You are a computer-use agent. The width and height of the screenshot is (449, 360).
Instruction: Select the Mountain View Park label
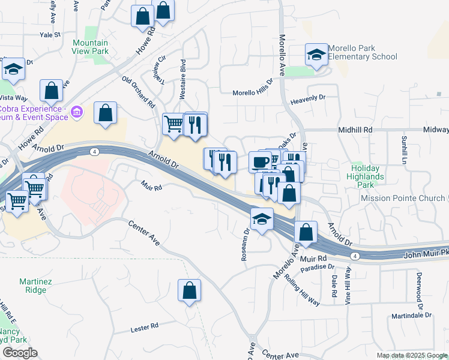91,47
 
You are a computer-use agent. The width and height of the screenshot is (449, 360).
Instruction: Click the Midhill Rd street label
355,130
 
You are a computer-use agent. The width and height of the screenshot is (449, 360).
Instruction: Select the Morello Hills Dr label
253,92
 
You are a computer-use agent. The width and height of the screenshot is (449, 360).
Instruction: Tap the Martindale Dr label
416,316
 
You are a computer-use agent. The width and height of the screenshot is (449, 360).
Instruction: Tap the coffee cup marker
260,161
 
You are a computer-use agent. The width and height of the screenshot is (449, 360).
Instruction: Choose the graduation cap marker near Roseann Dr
262,219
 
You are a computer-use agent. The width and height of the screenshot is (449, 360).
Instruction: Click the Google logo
19,353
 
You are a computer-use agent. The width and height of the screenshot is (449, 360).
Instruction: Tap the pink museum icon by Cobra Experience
76,112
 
